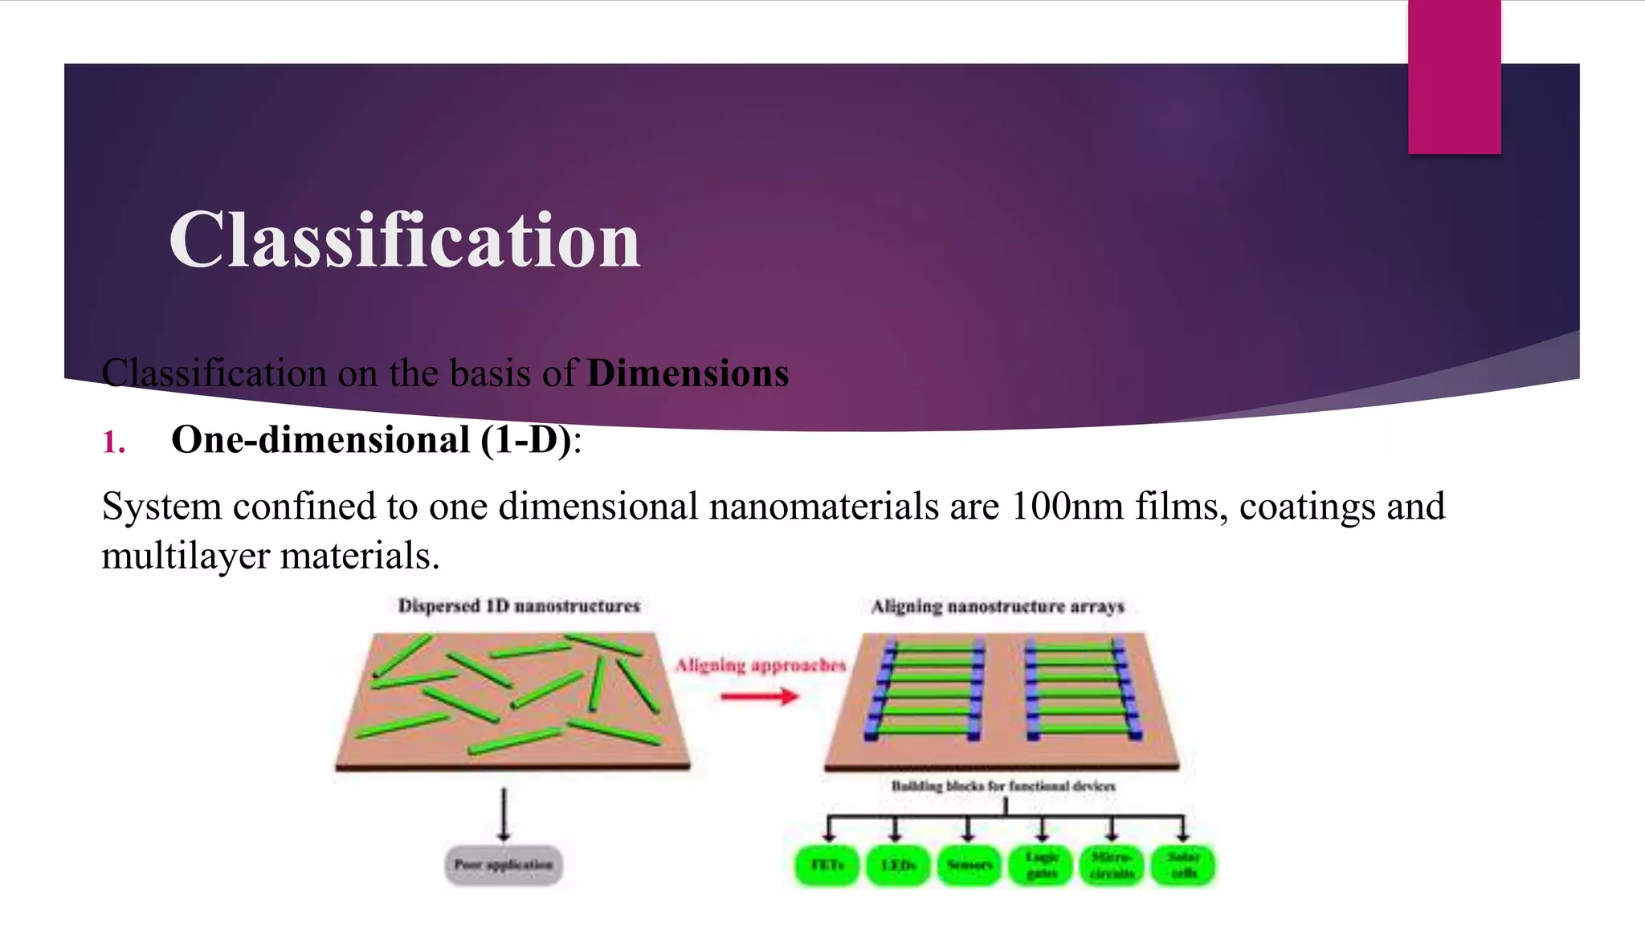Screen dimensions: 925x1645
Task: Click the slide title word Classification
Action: click(404, 240)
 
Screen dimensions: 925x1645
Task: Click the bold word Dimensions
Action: click(688, 373)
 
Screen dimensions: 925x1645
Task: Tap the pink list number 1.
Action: click(114, 442)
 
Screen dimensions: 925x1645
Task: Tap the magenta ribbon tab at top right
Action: click(1454, 77)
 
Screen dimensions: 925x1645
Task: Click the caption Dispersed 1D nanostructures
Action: click(519, 606)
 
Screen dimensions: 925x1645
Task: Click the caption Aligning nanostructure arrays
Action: click(998, 607)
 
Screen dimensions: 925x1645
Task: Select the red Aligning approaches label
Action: click(760, 666)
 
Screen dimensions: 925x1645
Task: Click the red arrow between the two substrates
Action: click(759, 696)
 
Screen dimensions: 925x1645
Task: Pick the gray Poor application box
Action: click(504, 865)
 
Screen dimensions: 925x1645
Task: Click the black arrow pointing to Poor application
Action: click(504, 813)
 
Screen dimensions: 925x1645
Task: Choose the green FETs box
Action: click(827, 866)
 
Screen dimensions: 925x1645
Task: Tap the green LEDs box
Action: click(898, 866)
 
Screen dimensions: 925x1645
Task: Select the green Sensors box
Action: click(969, 866)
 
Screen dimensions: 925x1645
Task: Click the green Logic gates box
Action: click(1042, 866)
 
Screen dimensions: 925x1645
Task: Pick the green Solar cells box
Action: click(1183, 866)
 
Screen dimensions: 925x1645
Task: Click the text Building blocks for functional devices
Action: click(1003, 786)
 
